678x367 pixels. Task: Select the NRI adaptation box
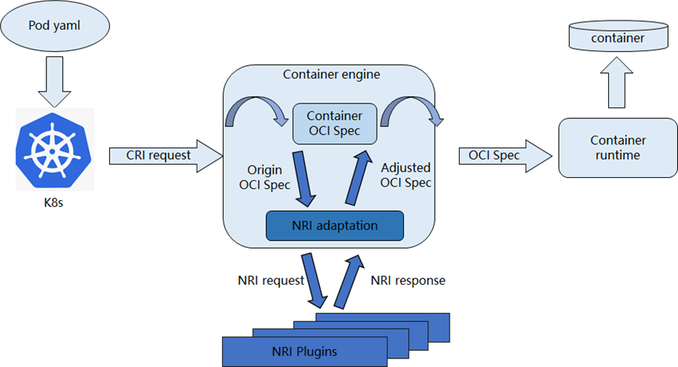click(335, 226)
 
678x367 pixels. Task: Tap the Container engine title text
click(331, 75)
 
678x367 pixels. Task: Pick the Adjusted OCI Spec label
click(406, 176)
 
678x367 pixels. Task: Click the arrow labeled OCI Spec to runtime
click(501, 155)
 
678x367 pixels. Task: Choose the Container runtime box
click(618, 147)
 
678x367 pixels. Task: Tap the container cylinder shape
click(618, 38)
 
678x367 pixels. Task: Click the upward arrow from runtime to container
click(618, 85)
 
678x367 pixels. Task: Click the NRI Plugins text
click(305, 351)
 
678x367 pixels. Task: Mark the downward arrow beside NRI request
click(315, 278)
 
